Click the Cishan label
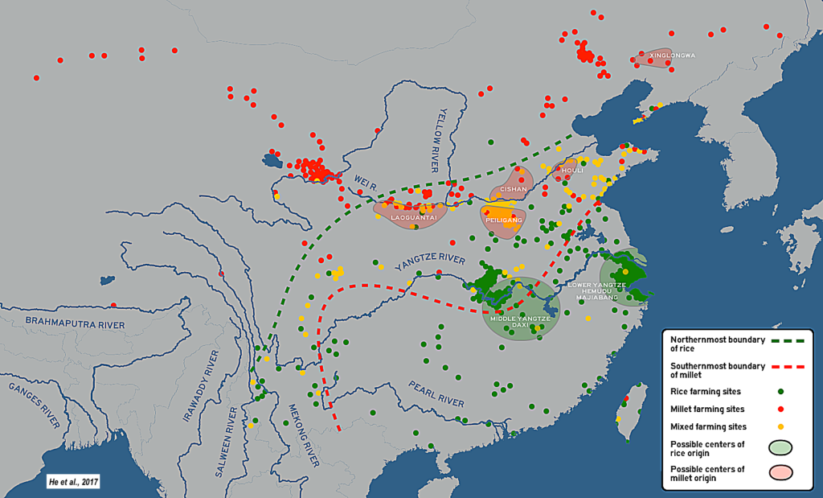[514, 190]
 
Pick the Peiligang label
[504, 220]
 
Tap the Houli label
[572, 171]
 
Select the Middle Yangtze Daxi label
[520, 324]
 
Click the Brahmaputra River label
[75, 323]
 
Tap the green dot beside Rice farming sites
[780, 392]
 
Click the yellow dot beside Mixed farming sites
[780, 426]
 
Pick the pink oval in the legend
[780, 474]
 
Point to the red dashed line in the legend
[780, 365]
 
